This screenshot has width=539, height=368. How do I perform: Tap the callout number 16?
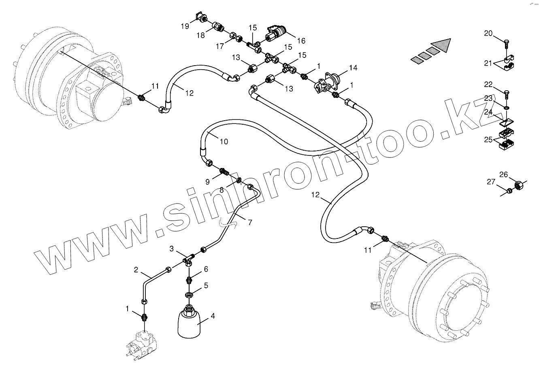(300, 40)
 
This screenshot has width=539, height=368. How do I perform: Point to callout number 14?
(354, 68)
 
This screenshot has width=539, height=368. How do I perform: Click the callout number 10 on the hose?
(224, 141)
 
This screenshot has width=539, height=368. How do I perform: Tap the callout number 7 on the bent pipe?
(250, 222)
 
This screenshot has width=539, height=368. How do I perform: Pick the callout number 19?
(185, 26)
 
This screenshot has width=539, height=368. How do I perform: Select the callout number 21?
(488, 63)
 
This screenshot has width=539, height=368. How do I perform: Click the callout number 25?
(488, 140)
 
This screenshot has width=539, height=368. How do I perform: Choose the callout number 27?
(491, 183)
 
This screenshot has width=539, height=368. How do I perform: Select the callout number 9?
(207, 182)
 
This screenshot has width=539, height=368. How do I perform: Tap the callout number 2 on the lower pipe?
(136, 269)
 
